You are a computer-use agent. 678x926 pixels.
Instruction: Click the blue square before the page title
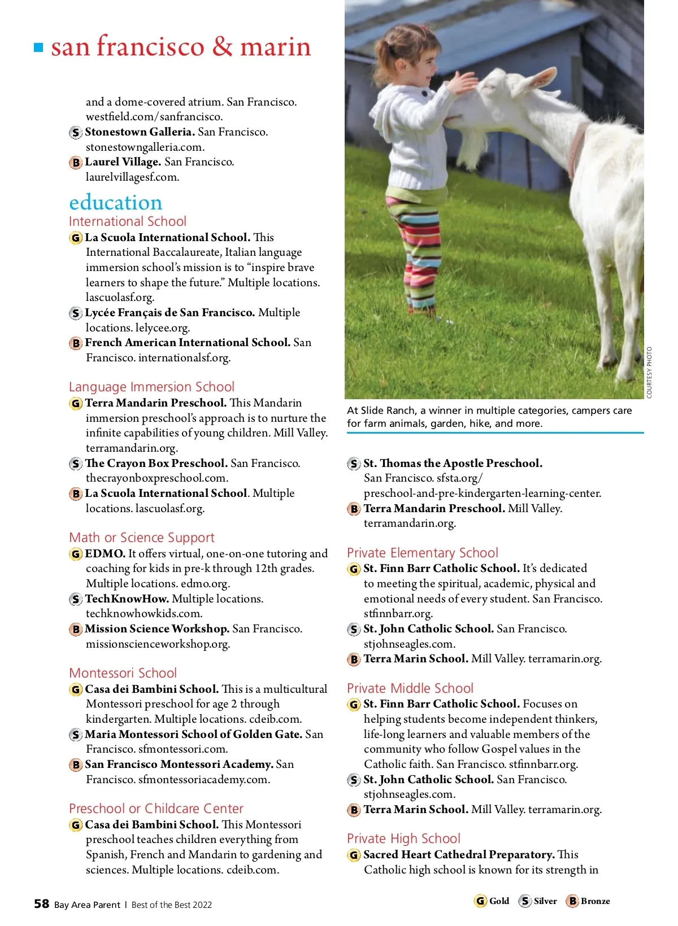click(x=38, y=47)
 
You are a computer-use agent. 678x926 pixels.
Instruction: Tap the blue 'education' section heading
click(x=116, y=202)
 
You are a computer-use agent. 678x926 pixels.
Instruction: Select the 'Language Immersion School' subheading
click(x=151, y=387)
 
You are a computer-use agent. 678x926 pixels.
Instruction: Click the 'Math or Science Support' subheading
click(x=142, y=538)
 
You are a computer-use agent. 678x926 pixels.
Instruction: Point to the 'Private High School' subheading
click(x=403, y=838)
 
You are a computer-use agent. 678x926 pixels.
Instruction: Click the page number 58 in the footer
click(x=41, y=904)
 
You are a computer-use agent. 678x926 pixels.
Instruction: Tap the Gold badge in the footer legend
click(x=480, y=901)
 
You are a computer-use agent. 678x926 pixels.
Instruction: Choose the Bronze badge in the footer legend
click(x=572, y=901)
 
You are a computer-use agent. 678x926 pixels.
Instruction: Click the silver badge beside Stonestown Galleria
click(x=75, y=133)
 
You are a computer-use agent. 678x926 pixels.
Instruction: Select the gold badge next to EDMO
click(x=75, y=554)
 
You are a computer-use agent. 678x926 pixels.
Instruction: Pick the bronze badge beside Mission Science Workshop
click(x=75, y=629)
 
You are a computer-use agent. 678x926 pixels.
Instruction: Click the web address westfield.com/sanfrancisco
click(x=154, y=117)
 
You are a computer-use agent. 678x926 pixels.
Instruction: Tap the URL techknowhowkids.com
click(x=144, y=614)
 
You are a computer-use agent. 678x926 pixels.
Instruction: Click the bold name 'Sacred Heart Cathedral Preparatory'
click(x=458, y=854)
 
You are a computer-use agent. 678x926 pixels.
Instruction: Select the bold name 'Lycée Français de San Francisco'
click(x=169, y=313)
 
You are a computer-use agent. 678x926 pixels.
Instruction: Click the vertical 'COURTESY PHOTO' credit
click(x=649, y=373)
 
